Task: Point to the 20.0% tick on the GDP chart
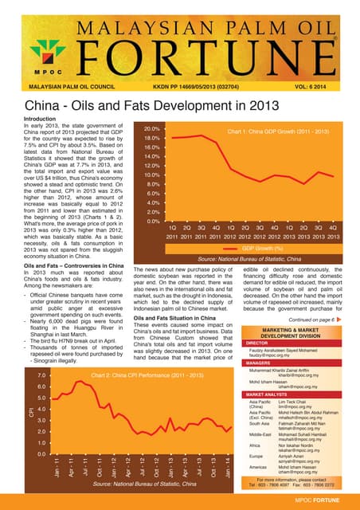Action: pos(152,128)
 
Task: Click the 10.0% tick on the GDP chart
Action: pos(152,175)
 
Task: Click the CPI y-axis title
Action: pos(11,413)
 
